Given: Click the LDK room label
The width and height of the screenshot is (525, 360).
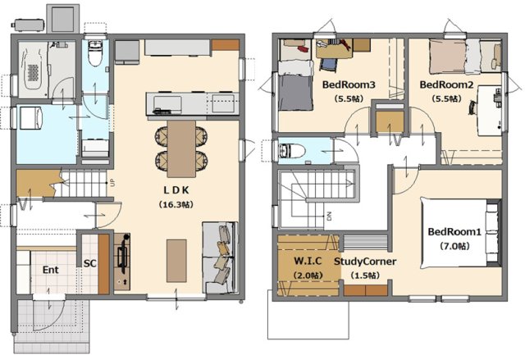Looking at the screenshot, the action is (176, 190).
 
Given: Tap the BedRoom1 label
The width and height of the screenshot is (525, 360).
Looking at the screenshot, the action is (454, 231).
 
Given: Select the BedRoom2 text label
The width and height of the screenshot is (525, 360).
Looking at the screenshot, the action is (446, 84).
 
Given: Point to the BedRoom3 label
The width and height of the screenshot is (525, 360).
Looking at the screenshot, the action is (349, 84).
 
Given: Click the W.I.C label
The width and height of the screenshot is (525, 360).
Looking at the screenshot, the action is (308, 261).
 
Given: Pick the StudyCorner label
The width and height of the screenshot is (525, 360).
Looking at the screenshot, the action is (365, 262).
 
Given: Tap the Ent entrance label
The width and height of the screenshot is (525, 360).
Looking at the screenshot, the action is (51, 270).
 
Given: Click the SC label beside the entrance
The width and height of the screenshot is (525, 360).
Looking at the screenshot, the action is (89, 263).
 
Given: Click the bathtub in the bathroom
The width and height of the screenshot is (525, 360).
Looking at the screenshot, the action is (33, 70).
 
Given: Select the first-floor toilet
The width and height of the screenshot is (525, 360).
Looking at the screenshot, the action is (95, 53).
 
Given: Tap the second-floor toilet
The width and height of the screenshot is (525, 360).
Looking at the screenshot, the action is (290, 151).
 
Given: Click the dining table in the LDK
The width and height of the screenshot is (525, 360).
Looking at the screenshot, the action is (181, 148).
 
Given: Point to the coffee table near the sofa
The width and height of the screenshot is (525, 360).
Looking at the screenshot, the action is (176, 261).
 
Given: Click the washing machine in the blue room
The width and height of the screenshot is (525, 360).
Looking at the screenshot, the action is (31, 118).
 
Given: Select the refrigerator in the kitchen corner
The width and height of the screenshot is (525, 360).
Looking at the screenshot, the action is (127, 52).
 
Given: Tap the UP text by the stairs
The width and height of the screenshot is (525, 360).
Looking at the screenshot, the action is (112, 183).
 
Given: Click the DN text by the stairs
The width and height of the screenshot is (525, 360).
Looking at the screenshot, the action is (329, 216).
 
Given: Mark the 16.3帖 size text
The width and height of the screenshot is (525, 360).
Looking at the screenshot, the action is (176, 204).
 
